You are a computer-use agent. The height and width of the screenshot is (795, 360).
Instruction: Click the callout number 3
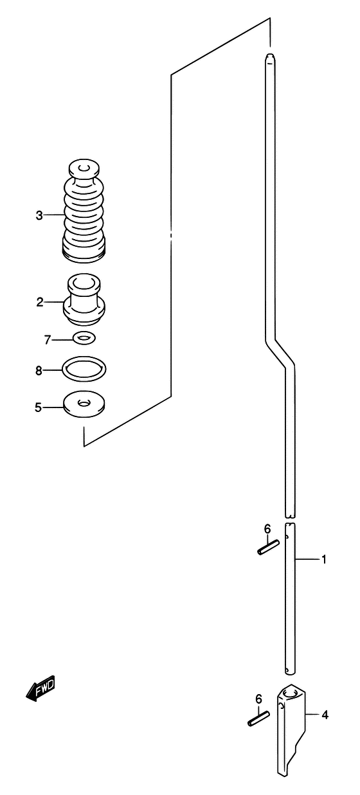[39, 215]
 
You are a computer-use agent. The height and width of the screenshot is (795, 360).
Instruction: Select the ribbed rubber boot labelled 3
[84, 211]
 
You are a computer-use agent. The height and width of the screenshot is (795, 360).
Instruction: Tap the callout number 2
[39, 303]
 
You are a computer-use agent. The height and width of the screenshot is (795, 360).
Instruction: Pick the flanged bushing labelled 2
[84, 299]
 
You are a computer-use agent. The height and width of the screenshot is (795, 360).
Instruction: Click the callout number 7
[48, 340]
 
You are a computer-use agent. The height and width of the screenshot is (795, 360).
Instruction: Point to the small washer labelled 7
[84, 337]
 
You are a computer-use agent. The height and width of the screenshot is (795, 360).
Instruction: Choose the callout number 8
[39, 371]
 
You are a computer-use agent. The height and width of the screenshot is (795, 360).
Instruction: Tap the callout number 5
[39, 407]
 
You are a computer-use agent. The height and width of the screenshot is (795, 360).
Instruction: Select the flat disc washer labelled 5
[84, 405]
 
